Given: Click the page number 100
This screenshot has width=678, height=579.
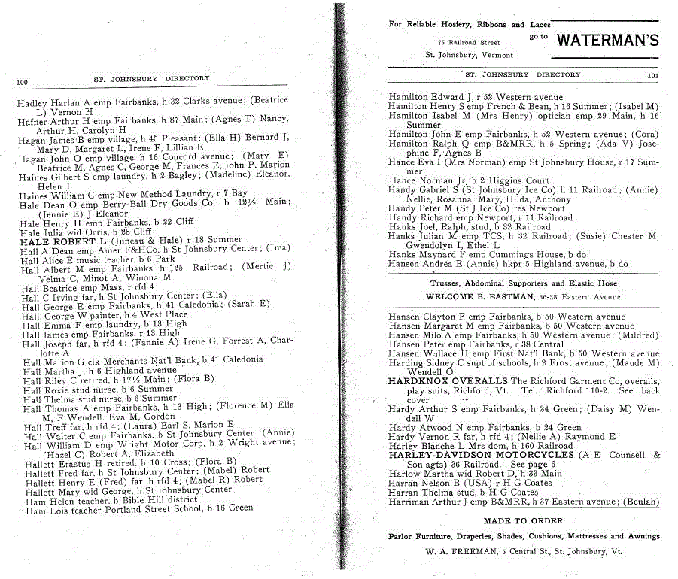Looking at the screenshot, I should click(x=21, y=81).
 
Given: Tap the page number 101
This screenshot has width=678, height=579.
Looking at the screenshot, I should click(x=652, y=75).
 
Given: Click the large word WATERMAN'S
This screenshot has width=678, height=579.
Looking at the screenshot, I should click(x=607, y=41).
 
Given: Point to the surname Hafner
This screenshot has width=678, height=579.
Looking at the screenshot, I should click(x=32, y=120).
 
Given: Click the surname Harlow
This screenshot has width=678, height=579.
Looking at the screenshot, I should click(x=404, y=474).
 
